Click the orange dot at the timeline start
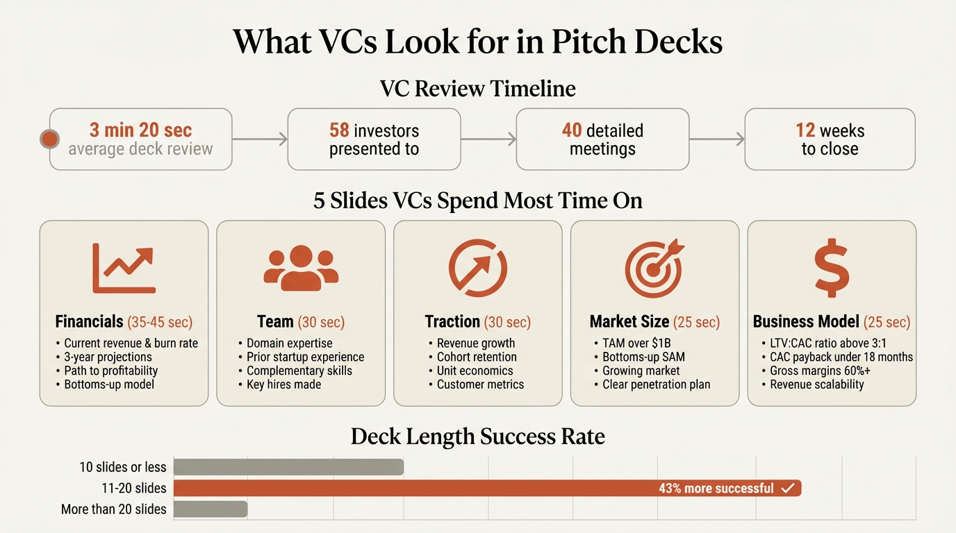(x=49, y=139)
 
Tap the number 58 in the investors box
(x=339, y=130)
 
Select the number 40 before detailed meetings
(x=572, y=130)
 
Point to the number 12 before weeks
(x=805, y=130)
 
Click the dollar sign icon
(x=832, y=269)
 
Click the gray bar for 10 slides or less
(x=288, y=467)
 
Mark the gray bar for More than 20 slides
(x=210, y=509)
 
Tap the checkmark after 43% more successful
(x=787, y=489)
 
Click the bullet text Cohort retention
(x=477, y=357)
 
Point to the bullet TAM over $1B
(x=636, y=343)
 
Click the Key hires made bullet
(x=283, y=384)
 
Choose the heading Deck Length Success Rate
(x=478, y=437)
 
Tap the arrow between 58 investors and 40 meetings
(x=488, y=139)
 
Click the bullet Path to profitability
(x=110, y=371)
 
